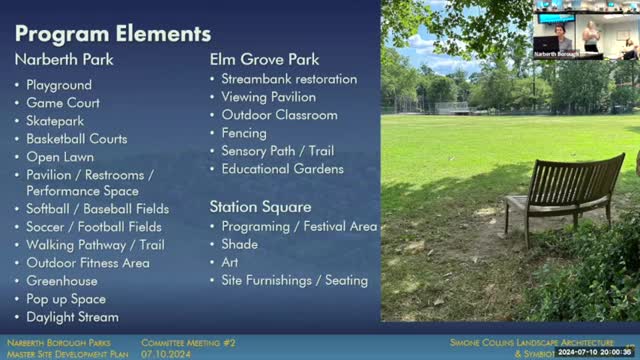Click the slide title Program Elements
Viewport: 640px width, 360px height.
112,33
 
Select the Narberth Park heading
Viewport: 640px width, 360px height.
64,59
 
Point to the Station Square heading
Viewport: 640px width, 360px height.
260,207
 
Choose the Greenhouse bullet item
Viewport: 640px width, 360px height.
62,281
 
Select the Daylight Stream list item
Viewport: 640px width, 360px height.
72,317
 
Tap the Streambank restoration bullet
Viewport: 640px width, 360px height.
289,79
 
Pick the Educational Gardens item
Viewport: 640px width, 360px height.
282,169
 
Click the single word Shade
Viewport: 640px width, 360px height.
239,244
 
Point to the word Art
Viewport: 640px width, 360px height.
230,262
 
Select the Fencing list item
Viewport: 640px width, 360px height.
244,133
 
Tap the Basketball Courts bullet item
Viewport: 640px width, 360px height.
77,138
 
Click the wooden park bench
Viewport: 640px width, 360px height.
565,192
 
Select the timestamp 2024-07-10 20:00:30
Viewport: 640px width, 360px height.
597,352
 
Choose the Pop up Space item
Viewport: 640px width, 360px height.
66,299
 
